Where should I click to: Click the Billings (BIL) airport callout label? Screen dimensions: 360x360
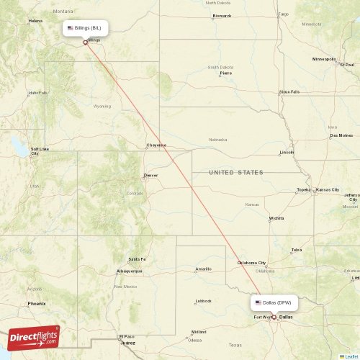coord(86,27)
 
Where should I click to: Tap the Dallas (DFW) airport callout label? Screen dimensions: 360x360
coord(274,303)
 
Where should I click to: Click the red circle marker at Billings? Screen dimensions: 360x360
coord(86,41)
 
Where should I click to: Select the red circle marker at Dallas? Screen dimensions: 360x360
coord(273,317)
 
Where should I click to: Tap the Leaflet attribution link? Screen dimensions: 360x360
coord(351,356)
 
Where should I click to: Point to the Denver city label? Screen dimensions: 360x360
coord(150,175)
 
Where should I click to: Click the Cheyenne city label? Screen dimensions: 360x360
coord(156,145)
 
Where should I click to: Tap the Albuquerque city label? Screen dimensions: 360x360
coord(129,271)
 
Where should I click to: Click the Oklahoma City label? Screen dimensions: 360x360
coord(252,263)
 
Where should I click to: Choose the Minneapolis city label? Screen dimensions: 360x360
coord(324,59)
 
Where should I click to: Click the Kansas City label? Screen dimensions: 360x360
coord(327,189)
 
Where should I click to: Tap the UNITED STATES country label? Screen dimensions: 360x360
coord(235,173)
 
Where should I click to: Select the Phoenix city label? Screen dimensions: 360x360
coord(37,304)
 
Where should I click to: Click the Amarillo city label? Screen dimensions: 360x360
coord(203,269)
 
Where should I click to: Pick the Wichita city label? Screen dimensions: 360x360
coord(276,217)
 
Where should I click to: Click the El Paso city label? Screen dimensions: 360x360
coord(127,336)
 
